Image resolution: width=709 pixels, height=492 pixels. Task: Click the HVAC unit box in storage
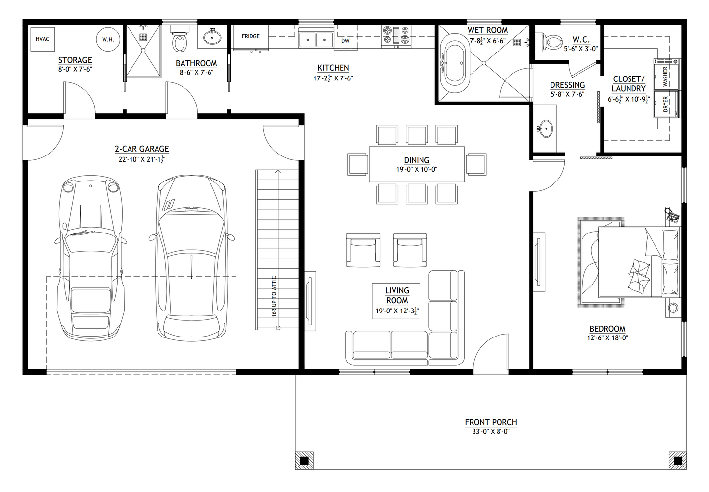point(43,39)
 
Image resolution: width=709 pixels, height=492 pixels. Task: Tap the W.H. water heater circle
point(108,39)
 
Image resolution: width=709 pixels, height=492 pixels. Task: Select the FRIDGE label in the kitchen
point(250,37)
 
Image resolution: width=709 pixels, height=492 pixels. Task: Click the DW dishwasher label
point(346,41)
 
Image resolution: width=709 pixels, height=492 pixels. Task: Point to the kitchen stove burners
point(395,36)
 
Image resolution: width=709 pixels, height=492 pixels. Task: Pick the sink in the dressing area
point(545,129)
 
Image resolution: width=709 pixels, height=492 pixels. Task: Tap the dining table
point(417,164)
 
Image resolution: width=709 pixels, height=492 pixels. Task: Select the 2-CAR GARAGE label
point(142,149)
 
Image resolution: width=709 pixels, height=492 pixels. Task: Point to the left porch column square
point(304,460)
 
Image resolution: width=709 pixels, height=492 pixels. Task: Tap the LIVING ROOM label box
point(396,301)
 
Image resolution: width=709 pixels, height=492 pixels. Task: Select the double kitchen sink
point(316,39)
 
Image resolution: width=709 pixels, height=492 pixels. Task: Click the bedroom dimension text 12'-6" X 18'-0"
point(607,337)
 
